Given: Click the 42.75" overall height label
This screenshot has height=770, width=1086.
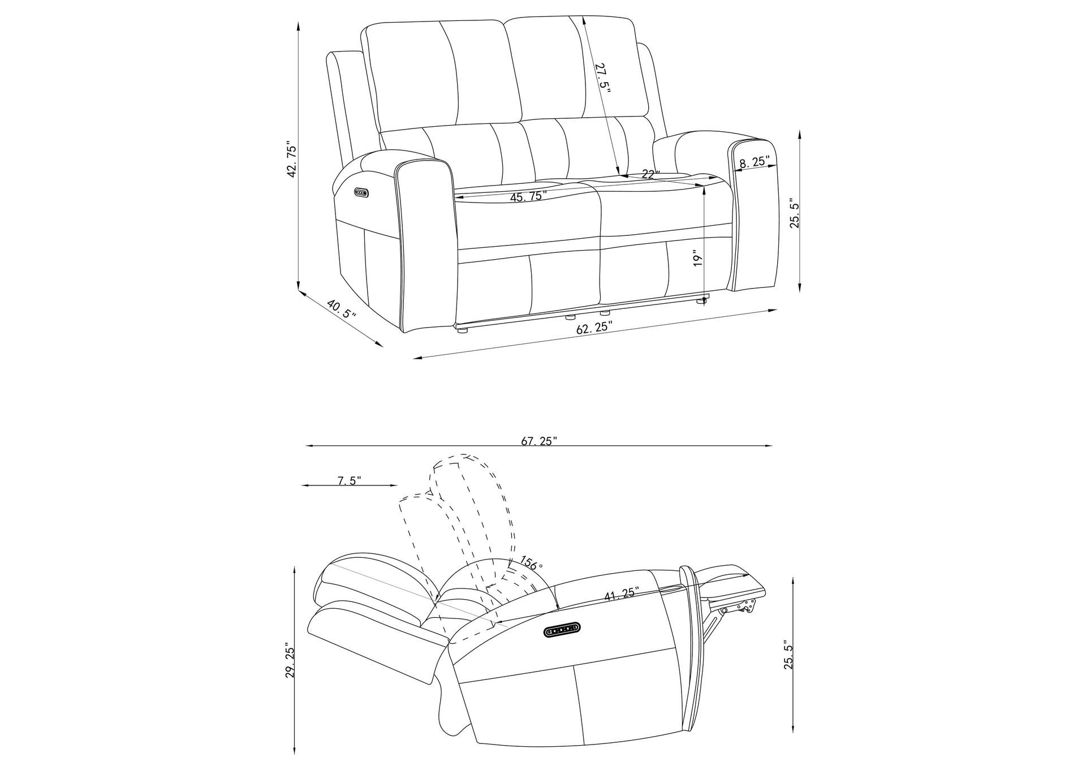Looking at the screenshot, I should point(292,160).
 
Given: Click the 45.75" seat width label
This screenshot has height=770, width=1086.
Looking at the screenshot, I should point(528,196).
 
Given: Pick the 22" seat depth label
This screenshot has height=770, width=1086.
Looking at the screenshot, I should point(651,174).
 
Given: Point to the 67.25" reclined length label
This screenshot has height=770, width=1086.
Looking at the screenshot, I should point(539,441).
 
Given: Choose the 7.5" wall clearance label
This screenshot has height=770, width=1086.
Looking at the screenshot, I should point(349,481).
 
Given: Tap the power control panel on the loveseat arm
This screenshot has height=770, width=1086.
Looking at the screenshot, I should point(361,193).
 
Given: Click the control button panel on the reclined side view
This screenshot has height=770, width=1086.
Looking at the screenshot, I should point(562,630).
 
